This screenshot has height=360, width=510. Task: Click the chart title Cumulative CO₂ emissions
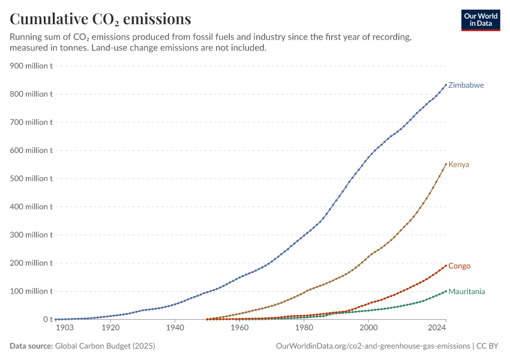point(100,19)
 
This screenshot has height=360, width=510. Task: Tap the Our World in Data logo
point(481,20)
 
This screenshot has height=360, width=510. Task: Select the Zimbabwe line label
point(466,85)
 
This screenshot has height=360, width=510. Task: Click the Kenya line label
point(458,164)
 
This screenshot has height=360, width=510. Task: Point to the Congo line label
point(459,266)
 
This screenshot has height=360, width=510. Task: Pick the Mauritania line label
point(466,292)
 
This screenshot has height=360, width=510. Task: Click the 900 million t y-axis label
point(31,66)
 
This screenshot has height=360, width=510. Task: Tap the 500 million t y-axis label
point(31,179)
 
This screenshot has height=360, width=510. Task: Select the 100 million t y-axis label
point(31,292)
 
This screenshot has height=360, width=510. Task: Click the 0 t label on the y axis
point(48,319)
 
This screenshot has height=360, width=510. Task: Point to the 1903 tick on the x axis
point(65,328)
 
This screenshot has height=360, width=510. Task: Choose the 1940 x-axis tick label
point(175,328)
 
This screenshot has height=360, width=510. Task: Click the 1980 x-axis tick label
point(304,328)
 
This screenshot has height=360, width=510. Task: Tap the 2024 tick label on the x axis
point(437,328)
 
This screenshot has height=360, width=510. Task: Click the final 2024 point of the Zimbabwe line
point(446,85)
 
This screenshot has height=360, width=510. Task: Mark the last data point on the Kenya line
point(446,164)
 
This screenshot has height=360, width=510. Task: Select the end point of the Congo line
point(446,266)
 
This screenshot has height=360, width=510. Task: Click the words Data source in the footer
point(31,346)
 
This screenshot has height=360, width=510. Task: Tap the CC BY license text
point(487,346)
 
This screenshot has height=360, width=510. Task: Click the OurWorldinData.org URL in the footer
point(373,346)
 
